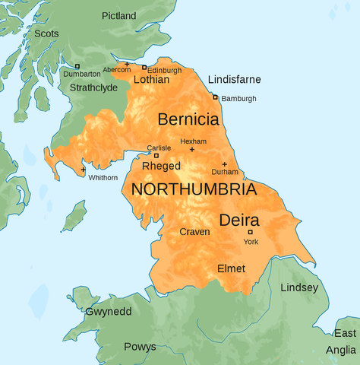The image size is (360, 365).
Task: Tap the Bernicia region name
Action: click(188, 119)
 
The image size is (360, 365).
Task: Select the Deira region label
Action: click(239, 220)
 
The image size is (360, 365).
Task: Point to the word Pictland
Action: click(119, 16)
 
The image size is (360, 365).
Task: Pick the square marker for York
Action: click(251, 232)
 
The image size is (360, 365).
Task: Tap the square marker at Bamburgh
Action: click(215, 97)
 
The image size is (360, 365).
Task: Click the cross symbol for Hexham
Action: click(191, 150)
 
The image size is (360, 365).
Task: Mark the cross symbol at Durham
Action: click(224, 164)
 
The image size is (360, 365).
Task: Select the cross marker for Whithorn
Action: click(83, 169)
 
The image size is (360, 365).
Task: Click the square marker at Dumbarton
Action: click(77, 66)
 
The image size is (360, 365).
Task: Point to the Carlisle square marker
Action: click(156, 155)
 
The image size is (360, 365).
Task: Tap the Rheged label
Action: click(161, 166)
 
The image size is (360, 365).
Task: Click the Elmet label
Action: click(231, 268)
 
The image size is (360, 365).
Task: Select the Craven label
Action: click(194, 231)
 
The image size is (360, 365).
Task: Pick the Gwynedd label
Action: click(109, 313)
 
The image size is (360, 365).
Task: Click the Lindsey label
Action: click(299, 287)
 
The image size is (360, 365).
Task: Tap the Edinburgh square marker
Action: click(144, 67)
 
